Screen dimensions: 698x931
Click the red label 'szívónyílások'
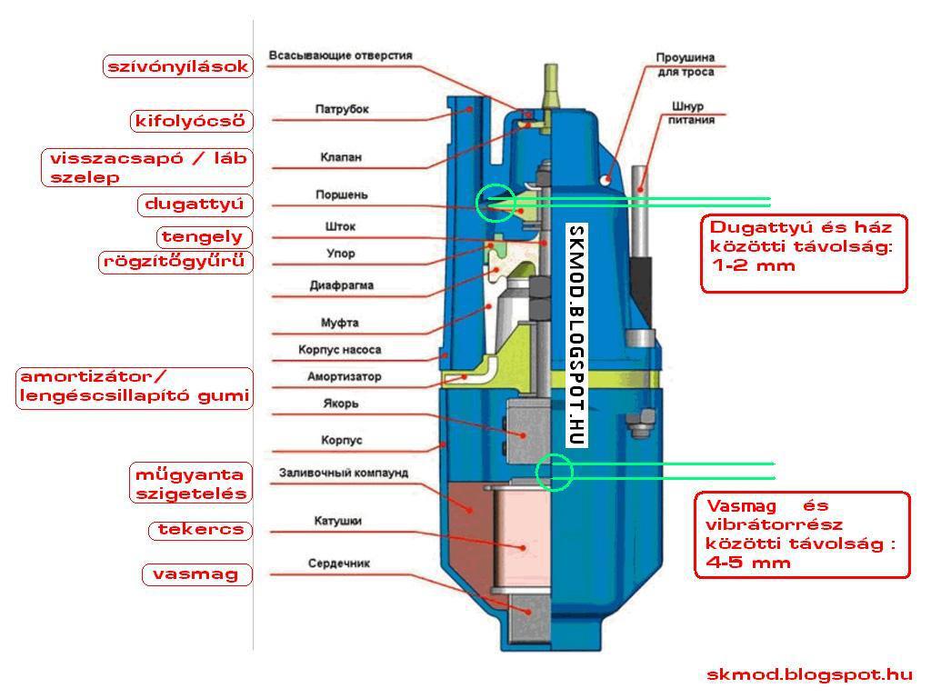coord(177,66)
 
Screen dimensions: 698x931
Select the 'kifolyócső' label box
coord(190,121)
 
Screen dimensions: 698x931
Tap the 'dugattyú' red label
coord(195,204)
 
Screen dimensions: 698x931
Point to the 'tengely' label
coord(203,237)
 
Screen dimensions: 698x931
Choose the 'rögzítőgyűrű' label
coord(175,263)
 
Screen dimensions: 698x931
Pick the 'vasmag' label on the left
coord(195,574)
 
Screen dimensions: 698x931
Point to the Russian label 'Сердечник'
coord(338,564)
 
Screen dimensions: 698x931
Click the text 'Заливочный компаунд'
coord(343,474)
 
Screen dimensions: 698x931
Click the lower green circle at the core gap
coord(554,472)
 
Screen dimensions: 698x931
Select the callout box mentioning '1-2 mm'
coord(804,253)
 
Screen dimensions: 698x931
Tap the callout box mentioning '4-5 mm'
coord(804,534)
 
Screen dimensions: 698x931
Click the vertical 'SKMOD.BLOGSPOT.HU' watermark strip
coord(575,335)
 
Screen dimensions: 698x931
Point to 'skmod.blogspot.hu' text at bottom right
coord(809,674)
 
